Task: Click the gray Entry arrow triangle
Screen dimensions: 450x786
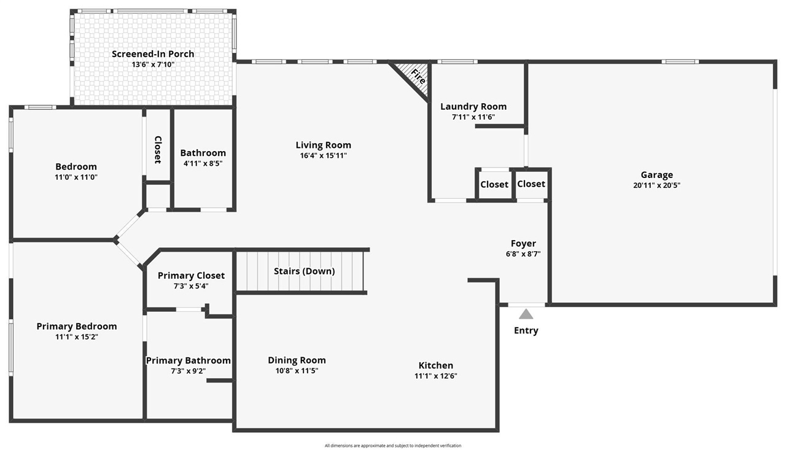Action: pos(526,314)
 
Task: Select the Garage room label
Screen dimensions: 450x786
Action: pos(656,175)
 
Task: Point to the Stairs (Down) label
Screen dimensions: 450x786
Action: pos(304,271)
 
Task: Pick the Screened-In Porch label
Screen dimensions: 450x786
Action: pos(153,54)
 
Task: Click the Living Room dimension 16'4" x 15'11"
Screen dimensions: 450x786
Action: pos(323,155)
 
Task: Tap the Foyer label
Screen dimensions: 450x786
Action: pos(523,243)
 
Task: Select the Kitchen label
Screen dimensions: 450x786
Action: pos(435,365)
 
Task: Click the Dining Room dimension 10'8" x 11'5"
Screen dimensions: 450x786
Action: pos(297,370)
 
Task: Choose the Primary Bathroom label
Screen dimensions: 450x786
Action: pos(188,360)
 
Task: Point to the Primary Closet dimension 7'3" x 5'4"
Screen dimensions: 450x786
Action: pos(191,285)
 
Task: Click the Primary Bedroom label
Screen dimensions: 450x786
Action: pos(77,326)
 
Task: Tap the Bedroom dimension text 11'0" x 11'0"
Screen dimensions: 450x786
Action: pos(76,177)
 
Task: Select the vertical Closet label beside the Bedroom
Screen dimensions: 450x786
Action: pos(158,149)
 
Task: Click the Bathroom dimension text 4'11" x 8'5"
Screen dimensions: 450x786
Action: pos(203,163)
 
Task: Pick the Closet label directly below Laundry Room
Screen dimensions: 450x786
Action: pos(494,184)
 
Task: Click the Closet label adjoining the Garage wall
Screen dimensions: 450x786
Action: pos(531,184)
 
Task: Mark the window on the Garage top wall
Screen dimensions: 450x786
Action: pos(680,61)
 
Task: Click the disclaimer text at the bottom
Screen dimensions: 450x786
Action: pos(393,446)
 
